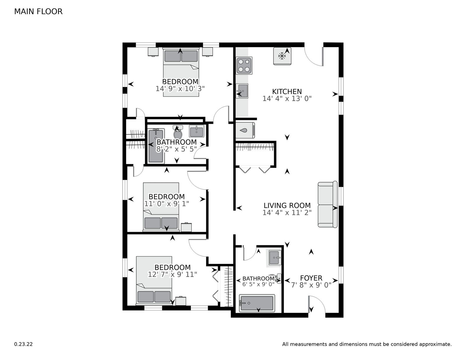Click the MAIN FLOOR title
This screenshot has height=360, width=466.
pyautogui.click(x=38, y=12)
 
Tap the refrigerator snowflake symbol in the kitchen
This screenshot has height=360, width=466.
pyautogui.click(x=282, y=56)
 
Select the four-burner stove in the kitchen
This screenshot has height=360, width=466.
pyautogui.click(x=244, y=66)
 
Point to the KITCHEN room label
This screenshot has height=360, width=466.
pyautogui.click(x=287, y=92)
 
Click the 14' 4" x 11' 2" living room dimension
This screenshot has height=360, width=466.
pyautogui.click(x=287, y=213)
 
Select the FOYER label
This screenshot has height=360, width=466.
pyautogui.click(x=311, y=278)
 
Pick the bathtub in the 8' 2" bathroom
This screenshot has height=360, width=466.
pyautogui.click(x=156, y=146)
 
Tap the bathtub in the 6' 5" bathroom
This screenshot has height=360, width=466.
pyautogui.click(x=257, y=303)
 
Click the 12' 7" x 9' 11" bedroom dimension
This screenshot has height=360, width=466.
pyautogui.click(x=172, y=274)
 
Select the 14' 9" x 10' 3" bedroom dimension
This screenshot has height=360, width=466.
pyautogui.click(x=180, y=89)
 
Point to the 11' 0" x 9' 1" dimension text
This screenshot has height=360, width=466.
pyautogui.click(x=167, y=204)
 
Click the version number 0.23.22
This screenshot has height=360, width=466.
pyautogui.click(x=23, y=344)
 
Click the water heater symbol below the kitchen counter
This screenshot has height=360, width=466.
pyautogui.click(x=245, y=130)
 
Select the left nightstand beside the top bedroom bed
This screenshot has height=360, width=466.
pyautogui.click(x=153, y=52)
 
